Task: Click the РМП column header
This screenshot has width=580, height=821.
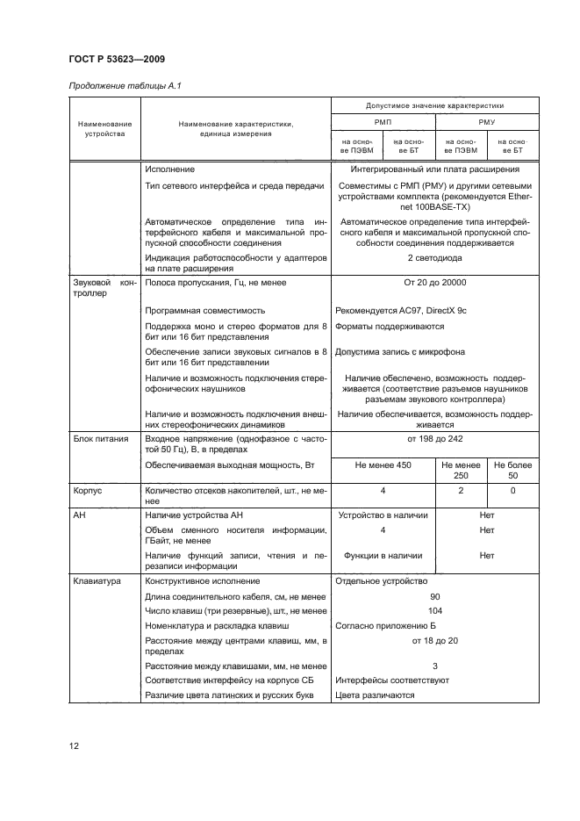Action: click(x=383, y=123)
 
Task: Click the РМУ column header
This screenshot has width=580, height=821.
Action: click(x=486, y=123)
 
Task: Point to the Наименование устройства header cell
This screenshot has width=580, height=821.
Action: click(x=104, y=129)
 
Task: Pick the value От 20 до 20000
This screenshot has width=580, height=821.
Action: click(x=434, y=283)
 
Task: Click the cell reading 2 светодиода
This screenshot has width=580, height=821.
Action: click(x=434, y=258)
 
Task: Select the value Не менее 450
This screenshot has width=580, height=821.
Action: click(x=383, y=465)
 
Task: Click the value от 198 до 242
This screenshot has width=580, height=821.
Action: click(x=434, y=438)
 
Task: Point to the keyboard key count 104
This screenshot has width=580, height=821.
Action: click(x=434, y=610)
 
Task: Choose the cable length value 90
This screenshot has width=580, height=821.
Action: click(x=434, y=596)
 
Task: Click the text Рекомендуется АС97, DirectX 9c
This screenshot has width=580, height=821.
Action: click(x=397, y=310)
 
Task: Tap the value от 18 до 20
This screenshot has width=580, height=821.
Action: click(x=434, y=640)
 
